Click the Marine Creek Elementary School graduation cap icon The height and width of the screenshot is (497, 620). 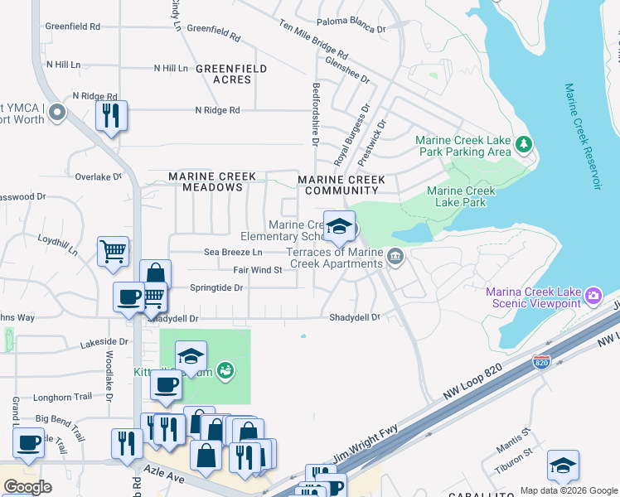click(x=339, y=226)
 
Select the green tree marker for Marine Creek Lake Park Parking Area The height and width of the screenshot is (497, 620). click(x=523, y=145)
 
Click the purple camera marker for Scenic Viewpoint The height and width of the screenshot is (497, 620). click(x=593, y=296)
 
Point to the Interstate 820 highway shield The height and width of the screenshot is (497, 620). click(x=541, y=362)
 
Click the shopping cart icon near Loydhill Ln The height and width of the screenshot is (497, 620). click(x=113, y=251)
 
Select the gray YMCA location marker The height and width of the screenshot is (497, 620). click(x=57, y=112)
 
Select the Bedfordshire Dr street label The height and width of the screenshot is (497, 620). click(x=316, y=113)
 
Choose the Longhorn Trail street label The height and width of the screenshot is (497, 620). click(x=63, y=396)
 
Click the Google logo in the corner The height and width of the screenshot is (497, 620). click(x=27, y=487)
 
